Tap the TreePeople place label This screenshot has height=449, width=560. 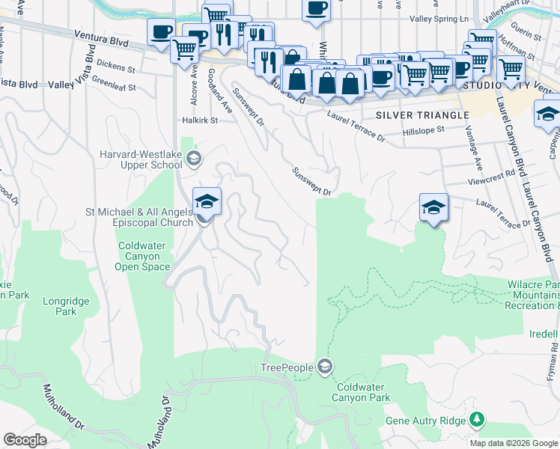(287, 367)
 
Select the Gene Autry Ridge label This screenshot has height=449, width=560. (425, 421)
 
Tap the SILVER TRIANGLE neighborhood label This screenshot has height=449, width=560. (422, 115)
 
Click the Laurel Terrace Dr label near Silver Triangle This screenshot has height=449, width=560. (356, 126)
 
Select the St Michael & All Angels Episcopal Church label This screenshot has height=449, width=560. (139, 216)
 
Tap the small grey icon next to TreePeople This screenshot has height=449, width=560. (324, 367)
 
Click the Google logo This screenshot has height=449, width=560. (25, 440)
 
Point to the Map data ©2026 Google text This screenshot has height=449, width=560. (513, 443)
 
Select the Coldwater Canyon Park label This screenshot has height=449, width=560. (363, 392)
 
